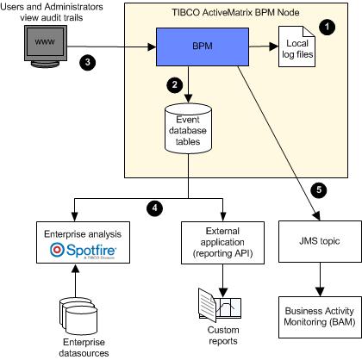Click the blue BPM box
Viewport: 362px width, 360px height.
click(203, 47)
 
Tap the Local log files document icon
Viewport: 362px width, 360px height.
click(296, 47)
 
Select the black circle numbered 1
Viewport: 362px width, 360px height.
click(327, 27)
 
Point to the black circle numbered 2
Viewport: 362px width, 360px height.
click(174, 84)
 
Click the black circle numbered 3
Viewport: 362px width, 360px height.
click(88, 62)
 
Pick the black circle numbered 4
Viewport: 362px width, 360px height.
click(154, 208)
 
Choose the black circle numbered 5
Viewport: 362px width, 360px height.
click(319, 189)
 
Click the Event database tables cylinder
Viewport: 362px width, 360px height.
click(188, 128)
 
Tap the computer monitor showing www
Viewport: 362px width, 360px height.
click(46, 47)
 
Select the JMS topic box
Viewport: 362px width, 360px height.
click(320, 241)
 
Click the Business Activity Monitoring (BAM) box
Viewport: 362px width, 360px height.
click(320, 317)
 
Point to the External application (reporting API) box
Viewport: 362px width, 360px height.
click(222, 243)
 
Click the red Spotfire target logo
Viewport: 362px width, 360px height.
click(57, 250)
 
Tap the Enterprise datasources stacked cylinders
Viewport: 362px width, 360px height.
click(78, 316)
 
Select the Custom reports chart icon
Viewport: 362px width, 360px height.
click(220, 306)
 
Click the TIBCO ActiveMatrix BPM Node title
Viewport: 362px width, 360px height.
click(235, 12)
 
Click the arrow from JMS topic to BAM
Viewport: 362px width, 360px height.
click(320, 279)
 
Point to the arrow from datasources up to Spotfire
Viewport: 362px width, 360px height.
click(75, 281)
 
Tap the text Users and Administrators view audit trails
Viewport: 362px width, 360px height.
click(52, 12)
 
